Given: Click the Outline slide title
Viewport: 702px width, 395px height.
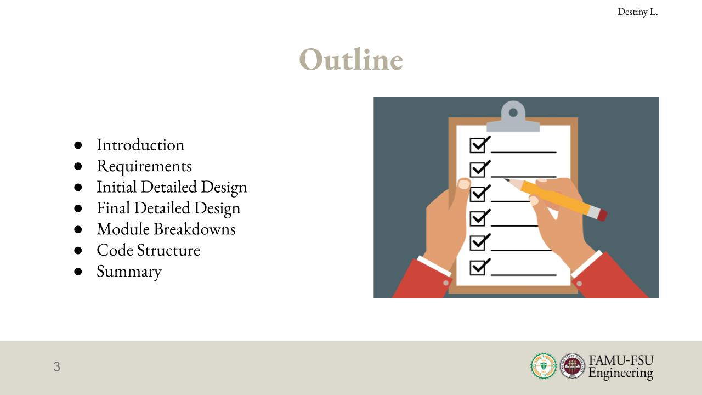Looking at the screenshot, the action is coord(351,60).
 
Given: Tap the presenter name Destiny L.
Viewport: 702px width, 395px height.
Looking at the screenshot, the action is coord(637,12).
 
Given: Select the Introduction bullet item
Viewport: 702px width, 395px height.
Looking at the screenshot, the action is coord(140,145).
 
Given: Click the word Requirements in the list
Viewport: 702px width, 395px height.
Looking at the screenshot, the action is coord(144,166).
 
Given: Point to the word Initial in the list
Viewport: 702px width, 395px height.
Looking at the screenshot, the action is coord(116,187).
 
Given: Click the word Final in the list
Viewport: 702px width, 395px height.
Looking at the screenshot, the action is coord(113,208).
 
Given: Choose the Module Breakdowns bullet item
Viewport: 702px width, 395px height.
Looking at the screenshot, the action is coord(166,229).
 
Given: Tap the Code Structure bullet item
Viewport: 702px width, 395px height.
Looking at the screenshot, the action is coord(148,250).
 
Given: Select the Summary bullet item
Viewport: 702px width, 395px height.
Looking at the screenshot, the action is coord(129,272).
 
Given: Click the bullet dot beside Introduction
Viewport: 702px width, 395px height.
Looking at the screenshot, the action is coord(78,145).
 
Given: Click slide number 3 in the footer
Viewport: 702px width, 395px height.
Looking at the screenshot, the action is coord(56,366).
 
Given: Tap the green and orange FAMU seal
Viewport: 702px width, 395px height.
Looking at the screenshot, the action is coord(544,366).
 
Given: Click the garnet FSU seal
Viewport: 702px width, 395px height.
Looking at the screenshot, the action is coord(572,366).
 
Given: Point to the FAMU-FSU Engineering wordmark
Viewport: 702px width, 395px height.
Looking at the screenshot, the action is coord(621,367).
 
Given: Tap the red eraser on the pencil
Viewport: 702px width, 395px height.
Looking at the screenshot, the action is coord(603,215).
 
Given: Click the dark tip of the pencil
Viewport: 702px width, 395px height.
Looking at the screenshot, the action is coord(506,180).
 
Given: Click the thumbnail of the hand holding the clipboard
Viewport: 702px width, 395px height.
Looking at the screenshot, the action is coord(464,184).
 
